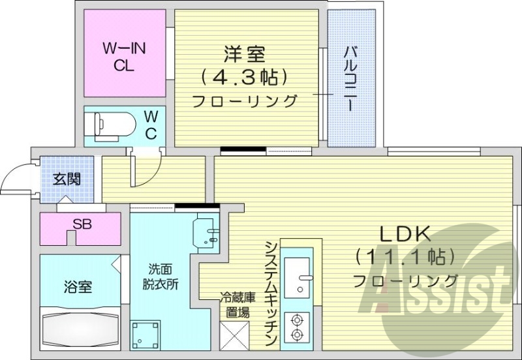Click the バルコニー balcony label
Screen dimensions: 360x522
point(350,78)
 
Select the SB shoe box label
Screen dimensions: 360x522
point(82,225)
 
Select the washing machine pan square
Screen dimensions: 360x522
point(146,335)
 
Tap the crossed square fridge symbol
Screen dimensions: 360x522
point(233,335)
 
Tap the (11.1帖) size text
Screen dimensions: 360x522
point(405,257)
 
